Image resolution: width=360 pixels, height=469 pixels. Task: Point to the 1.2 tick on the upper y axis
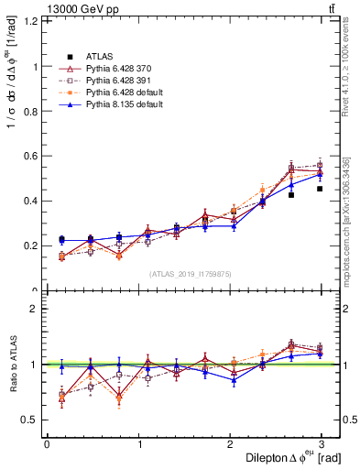click(x=30, y=21)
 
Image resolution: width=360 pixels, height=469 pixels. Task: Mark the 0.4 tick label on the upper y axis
click(x=30, y=201)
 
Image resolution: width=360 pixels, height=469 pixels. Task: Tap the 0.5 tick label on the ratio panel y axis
click(x=30, y=420)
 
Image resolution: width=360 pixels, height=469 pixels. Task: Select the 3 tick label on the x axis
click(x=322, y=443)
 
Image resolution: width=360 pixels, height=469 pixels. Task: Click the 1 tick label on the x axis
click(x=138, y=443)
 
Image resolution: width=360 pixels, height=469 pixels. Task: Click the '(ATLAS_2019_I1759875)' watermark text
click(x=191, y=274)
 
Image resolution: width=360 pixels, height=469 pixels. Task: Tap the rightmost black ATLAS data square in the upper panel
click(x=320, y=189)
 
